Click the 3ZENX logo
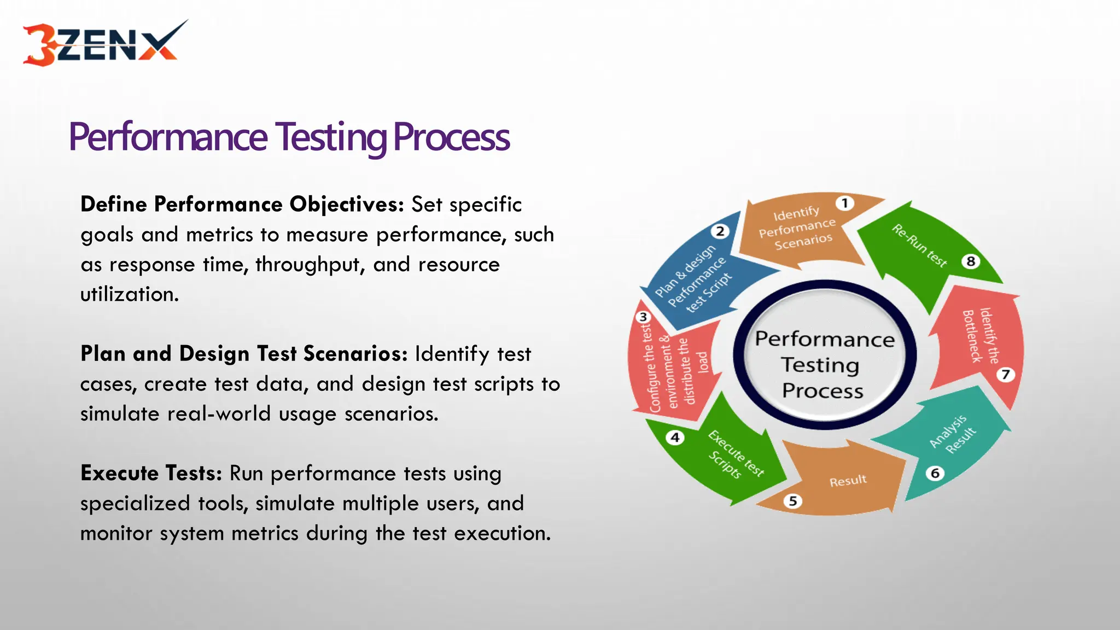tap(104, 44)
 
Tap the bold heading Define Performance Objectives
tap(242, 205)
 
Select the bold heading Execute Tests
tap(151, 473)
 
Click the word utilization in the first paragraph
tap(129, 295)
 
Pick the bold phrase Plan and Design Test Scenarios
tap(244, 354)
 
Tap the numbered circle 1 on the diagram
tap(844, 203)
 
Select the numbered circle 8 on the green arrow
tap(971, 261)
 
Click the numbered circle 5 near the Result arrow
tap(793, 501)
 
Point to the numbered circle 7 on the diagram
tap(1005, 375)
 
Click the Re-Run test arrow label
tap(919, 246)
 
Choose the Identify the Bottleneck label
tap(980, 336)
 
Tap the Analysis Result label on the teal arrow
tap(953, 434)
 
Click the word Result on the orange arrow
tap(848, 481)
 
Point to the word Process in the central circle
tap(822, 391)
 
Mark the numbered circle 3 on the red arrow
tap(643, 317)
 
